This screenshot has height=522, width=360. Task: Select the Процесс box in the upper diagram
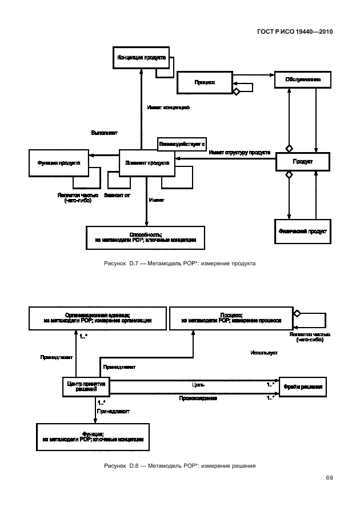[205, 82]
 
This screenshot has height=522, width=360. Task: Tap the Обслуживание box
[303, 81]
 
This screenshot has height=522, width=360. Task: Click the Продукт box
[303, 162]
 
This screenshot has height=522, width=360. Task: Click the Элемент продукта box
[146, 162]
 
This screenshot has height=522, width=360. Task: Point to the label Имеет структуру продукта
[239, 153]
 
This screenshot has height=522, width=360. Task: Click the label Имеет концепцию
[168, 107]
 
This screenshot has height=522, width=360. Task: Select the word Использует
[263, 353]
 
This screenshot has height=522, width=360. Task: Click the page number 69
[329, 478]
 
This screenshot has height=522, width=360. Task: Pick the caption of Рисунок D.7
[179, 264]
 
